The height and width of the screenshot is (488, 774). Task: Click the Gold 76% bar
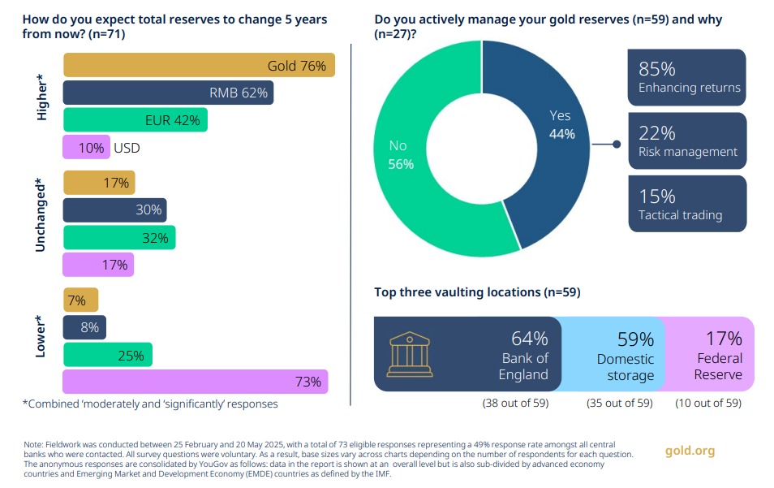pyautogui.click(x=199, y=65)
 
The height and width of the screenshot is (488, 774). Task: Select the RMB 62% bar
pyautogui.click(x=168, y=93)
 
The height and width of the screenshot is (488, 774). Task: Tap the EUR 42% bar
pyautogui.click(x=135, y=120)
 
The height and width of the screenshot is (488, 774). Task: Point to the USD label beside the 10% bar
pyautogui.click(x=127, y=148)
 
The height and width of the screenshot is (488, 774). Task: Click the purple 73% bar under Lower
pyautogui.click(x=196, y=382)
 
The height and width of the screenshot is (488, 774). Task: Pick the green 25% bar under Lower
pyautogui.click(x=107, y=355)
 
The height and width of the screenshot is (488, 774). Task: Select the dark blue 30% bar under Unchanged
pyautogui.click(x=114, y=210)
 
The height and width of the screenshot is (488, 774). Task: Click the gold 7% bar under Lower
pyautogui.click(x=80, y=300)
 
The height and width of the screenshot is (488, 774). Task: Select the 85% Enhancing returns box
pyautogui.click(x=686, y=77)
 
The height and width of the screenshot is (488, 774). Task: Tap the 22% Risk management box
pyautogui.click(x=686, y=140)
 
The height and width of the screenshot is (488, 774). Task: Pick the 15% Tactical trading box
pyautogui.click(x=686, y=204)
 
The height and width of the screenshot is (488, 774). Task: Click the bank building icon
pyautogui.click(x=411, y=353)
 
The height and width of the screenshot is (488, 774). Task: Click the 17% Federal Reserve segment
pyautogui.click(x=714, y=354)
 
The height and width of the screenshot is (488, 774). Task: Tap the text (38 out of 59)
pyautogui.click(x=514, y=403)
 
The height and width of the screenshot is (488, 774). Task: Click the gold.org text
pyautogui.click(x=690, y=451)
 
